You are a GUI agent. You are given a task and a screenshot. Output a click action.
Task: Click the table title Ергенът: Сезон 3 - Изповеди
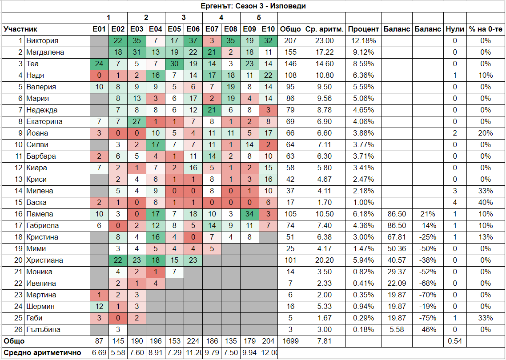coord(253,6)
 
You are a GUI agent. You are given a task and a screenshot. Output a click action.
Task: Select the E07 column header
coord(212,29)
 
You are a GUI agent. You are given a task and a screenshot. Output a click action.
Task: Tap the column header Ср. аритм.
coord(325,29)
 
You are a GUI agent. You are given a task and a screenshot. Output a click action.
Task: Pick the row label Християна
coord(44,260)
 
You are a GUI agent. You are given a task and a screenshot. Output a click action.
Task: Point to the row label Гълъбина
coord(44,330)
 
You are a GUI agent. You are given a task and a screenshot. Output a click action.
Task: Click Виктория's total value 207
coord(290,41)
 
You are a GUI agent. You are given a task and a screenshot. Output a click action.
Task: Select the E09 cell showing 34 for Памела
coord(249,214)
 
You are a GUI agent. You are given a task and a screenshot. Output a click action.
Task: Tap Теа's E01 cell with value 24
coord(99,64)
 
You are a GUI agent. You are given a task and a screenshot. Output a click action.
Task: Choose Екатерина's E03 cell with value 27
coord(137,122)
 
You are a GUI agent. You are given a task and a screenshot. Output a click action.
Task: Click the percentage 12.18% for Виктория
coord(364,41)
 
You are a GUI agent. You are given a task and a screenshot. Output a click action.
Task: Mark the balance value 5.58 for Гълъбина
coord(397,330)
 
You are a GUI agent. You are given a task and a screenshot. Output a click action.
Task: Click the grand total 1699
coord(290,341)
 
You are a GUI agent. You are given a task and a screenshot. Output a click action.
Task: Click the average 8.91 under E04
coord(156,353)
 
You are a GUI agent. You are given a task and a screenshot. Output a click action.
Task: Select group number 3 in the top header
coord(184,18)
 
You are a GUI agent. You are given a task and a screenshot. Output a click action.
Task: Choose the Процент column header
coord(364,29)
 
